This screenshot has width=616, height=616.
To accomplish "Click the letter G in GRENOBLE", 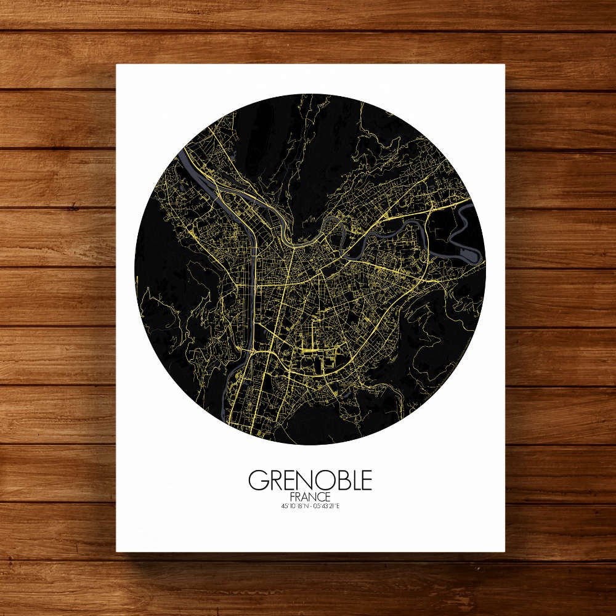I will [x=257, y=480].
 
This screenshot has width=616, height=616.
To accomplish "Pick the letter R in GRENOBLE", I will [x=273, y=480].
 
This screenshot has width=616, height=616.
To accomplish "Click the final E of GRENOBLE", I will [x=366, y=480].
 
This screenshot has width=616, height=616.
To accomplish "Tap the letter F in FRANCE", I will [x=291, y=496].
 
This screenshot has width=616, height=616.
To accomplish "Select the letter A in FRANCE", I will [x=305, y=496].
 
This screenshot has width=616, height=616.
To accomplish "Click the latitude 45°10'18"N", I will [x=293, y=506].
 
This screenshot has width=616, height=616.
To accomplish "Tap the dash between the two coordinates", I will [x=310, y=506].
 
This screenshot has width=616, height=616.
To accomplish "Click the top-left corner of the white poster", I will [x=117, y=65].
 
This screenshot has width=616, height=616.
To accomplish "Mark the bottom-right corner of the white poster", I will [x=504, y=551].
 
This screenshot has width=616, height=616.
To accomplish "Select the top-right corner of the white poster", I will [x=504, y=65].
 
